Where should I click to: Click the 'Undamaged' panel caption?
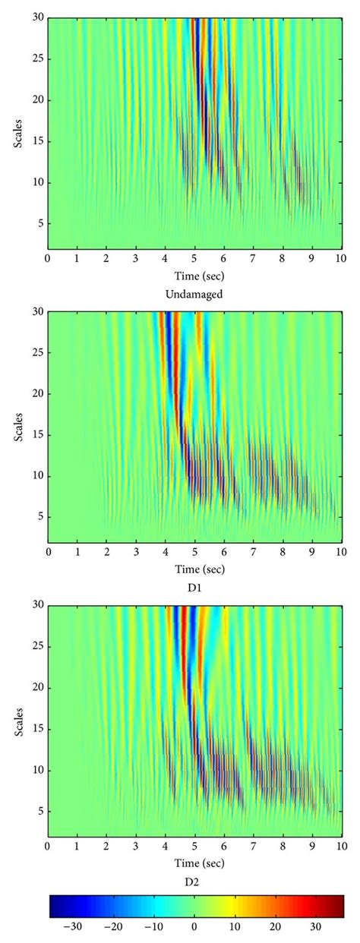coord(194,294)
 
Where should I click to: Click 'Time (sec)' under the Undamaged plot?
coord(194,275)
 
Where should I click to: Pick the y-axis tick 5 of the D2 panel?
coord(40,811)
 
